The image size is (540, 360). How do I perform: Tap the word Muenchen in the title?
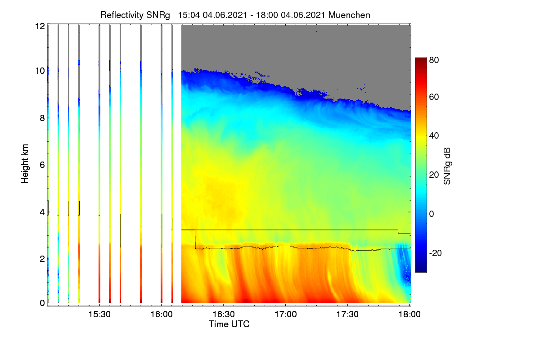[349, 15]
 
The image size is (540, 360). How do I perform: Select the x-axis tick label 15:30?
[99, 315]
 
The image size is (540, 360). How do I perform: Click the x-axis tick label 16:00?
[162, 315]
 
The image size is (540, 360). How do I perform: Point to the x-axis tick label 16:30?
[224, 315]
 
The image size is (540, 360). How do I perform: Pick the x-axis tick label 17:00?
[286, 315]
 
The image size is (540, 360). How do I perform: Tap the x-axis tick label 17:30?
[347, 315]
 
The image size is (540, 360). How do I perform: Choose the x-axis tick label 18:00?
[409, 315]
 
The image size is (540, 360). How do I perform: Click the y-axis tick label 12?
[40, 26]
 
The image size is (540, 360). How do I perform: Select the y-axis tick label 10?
[40, 71]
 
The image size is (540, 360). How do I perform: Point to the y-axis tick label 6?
[42, 165]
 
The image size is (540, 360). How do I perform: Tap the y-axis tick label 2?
[42, 259]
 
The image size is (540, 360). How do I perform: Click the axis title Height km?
[25, 164]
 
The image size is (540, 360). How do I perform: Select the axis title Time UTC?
[229, 324]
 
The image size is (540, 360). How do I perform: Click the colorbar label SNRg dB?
[447, 166]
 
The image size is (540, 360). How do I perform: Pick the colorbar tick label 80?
[434, 60]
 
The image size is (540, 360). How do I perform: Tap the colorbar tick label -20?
[436, 253]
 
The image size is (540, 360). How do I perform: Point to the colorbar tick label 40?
[434, 136]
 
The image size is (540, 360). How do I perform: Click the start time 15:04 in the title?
[189, 15]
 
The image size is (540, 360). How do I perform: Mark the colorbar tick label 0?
[432, 214]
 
